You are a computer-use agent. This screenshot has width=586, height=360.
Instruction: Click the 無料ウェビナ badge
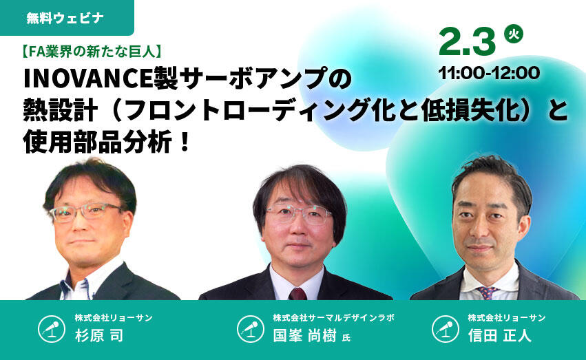[x=67, y=17]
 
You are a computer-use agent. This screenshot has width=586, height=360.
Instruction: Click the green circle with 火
[x=514, y=34]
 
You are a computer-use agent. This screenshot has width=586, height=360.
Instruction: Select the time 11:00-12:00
[x=489, y=73]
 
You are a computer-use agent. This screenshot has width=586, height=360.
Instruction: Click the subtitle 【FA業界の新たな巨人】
[x=91, y=52]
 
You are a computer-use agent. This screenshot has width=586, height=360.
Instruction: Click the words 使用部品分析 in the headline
[x=97, y=142]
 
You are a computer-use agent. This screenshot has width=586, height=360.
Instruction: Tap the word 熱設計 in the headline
[x=61, y=110]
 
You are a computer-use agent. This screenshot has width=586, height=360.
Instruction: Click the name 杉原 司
[x=99, y=335]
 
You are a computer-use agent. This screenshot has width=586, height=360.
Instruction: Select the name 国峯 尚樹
[x=304, y=335]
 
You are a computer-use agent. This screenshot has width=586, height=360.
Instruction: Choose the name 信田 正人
[x=500, y=335]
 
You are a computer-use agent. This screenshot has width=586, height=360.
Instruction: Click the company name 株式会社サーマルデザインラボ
[x=333, y=318]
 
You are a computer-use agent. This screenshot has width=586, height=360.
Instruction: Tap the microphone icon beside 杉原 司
[x=52, y=329]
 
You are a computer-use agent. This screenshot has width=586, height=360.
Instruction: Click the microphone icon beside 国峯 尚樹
[x=251, y=329]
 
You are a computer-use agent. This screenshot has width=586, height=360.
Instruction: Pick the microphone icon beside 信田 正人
[x=446, y=329]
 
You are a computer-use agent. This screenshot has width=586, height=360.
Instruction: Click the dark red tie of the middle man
[x=298, y=294]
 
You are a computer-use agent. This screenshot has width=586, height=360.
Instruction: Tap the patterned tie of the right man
[x=487, y=293]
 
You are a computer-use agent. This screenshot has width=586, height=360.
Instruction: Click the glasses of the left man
[x=86, y=212]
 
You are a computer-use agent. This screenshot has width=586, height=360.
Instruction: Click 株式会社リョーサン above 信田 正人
[x=507, y=318]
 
